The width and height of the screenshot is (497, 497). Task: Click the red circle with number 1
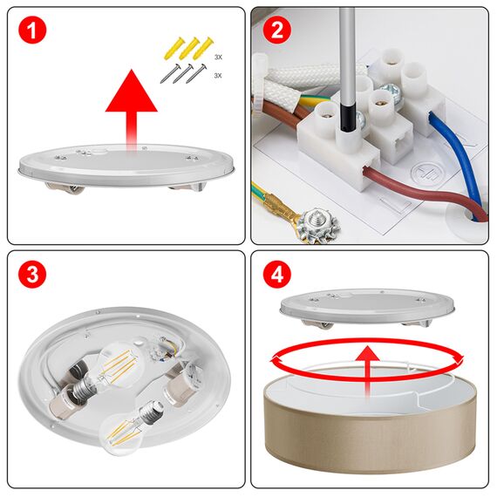tap(32, 32)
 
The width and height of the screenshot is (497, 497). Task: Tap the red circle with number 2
tap(277, 32)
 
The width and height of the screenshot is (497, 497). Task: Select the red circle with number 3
tap(32, 276)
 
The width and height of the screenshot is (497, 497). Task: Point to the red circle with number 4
tap(277, 276)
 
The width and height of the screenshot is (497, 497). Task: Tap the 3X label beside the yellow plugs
tap(218, 57)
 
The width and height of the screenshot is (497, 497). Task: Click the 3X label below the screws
tap(218, 76)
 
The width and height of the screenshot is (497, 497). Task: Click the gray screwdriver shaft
tap(347, 61)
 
